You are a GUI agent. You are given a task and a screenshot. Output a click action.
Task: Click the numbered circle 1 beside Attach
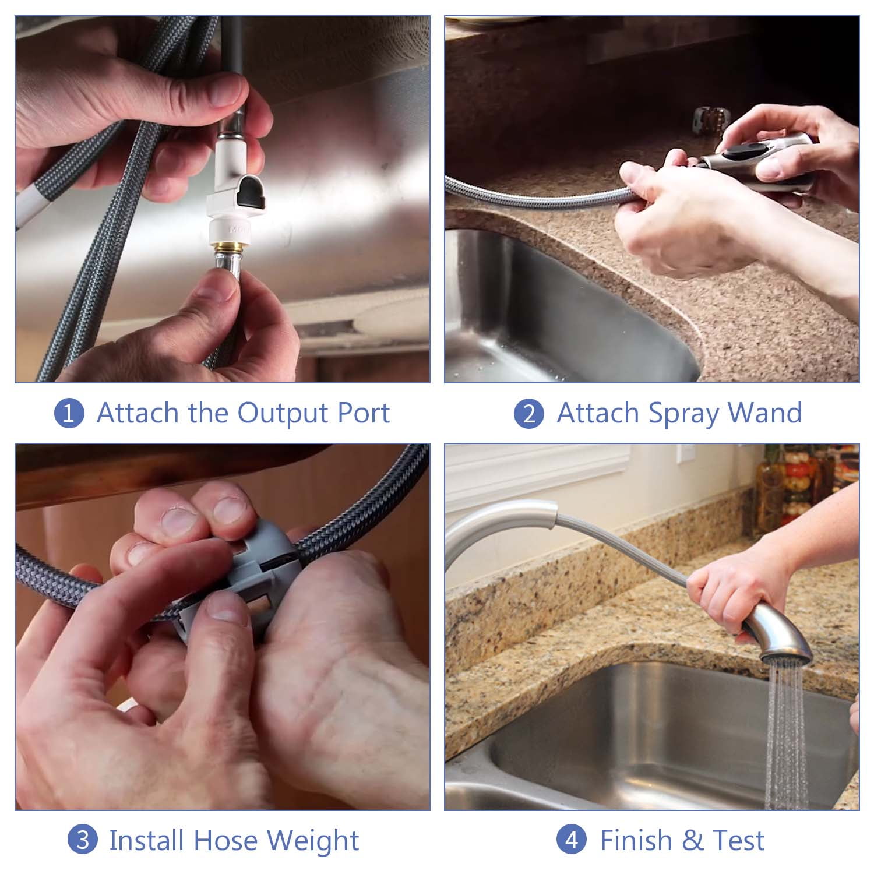coord(69,413)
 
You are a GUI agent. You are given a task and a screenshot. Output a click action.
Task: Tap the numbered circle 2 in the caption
coord(529,413)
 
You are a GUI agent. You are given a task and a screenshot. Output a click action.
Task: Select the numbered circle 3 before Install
coord(82,840)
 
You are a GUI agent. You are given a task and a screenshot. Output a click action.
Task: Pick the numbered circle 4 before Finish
coord(572,840)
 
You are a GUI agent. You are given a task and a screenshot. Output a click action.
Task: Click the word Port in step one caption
coord(364,413)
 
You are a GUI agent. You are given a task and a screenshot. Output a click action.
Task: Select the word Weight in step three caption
coord(313,841)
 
